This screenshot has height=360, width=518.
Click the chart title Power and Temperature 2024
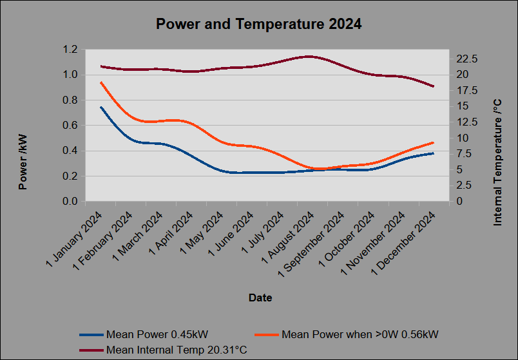[258, 24]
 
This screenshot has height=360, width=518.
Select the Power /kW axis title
[23, 162]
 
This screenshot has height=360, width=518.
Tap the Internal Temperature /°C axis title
[497, 162]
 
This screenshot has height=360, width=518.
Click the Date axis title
[260, 298]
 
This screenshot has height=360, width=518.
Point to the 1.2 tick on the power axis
[70, 50]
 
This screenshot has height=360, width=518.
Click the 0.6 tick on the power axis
[70, 126]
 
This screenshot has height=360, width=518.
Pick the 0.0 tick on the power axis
[70, 201]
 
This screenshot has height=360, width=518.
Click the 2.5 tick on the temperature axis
[464, 185]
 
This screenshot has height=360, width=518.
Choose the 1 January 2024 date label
[74, 239]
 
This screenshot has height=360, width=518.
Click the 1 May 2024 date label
[202, 233]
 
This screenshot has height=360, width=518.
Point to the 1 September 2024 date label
[311, 245]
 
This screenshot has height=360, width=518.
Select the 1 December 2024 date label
[404, 243]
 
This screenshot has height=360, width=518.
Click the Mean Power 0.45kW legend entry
[144, 335]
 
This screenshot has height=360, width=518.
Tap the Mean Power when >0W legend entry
[347, 335]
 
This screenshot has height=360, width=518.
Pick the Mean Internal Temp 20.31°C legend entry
[163, 350]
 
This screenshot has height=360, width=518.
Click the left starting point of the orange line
[101, 82]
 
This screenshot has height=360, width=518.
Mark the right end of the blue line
[433, 153]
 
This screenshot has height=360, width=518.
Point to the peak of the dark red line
[309, 57]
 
